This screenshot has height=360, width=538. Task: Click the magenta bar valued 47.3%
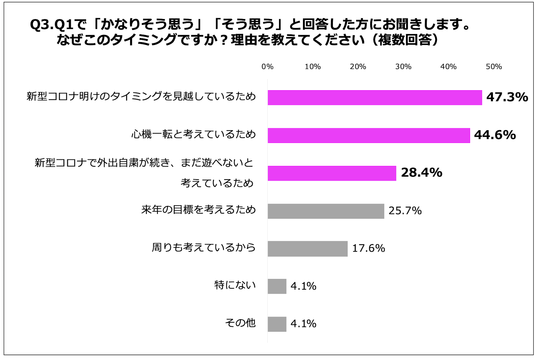375,98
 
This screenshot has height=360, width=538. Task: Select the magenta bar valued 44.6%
369,136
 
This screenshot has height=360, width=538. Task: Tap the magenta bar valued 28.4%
332,173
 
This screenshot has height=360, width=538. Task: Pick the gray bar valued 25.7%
326,211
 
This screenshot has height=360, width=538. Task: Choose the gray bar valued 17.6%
307,249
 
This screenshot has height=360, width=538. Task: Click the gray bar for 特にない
277,286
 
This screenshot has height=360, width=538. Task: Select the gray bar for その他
277,324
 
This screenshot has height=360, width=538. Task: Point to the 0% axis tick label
267,67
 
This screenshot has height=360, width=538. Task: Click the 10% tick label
312,67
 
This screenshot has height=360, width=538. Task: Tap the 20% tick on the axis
358,67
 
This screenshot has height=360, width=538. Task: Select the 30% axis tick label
403,67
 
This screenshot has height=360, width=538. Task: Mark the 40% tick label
449,67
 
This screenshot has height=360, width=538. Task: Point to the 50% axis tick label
494,67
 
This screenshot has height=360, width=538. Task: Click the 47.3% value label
507,97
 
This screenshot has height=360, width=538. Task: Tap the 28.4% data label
422,173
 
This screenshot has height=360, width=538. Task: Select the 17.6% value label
369,248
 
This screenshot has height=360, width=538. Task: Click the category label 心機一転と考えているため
194,134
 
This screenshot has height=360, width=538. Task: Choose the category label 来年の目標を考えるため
199,210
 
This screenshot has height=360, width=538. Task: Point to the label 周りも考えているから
204,247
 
